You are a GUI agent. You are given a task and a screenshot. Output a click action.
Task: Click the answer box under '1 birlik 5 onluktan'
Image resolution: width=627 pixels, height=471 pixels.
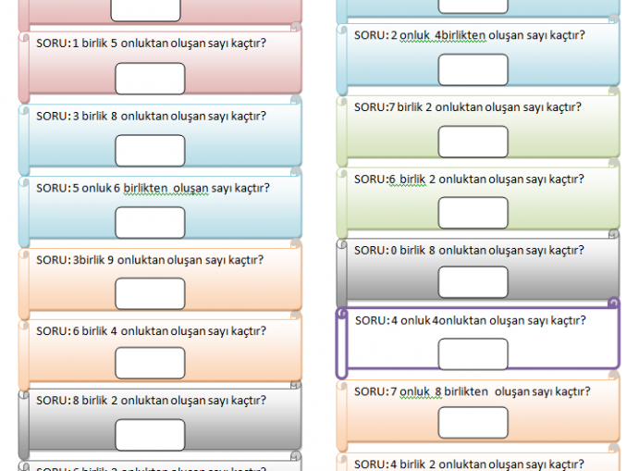click(150, 78)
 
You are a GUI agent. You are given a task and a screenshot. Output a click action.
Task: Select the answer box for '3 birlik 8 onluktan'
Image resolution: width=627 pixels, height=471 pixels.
click(150, 150)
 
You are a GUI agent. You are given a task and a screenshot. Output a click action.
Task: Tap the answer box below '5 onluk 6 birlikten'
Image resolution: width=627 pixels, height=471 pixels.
click(150, 222)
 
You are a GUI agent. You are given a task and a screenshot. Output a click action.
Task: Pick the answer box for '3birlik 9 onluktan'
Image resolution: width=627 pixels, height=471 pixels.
click(150, 293)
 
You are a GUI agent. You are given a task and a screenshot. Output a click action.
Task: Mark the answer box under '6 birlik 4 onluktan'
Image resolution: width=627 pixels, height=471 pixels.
click(150, 364)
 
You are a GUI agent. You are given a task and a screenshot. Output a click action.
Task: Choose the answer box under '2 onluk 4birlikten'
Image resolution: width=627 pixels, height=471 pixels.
click(473, 69)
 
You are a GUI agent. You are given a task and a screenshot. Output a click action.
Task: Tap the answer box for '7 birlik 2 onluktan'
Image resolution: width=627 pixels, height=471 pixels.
click(473, 142)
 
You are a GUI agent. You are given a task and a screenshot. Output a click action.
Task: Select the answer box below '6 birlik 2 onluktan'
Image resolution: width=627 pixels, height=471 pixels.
click(473, 213)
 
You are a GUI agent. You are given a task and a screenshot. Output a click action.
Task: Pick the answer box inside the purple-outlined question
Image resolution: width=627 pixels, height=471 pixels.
click(473, 353)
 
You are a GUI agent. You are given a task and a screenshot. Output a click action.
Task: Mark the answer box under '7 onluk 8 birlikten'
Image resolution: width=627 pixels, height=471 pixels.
click(473, 423)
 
